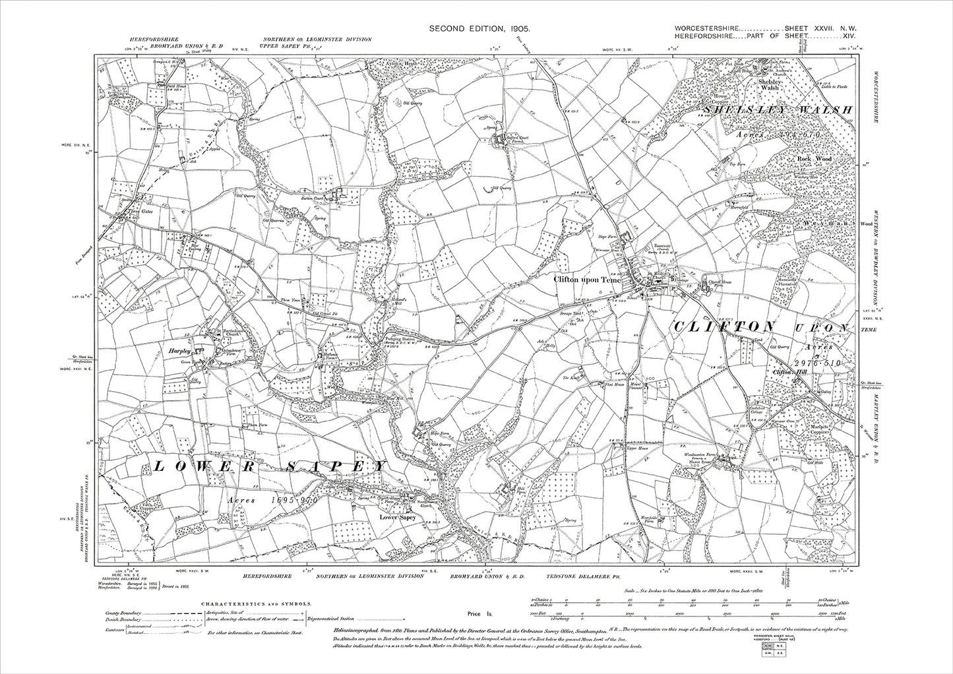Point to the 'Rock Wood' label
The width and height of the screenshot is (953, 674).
(x=815, y=159)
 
